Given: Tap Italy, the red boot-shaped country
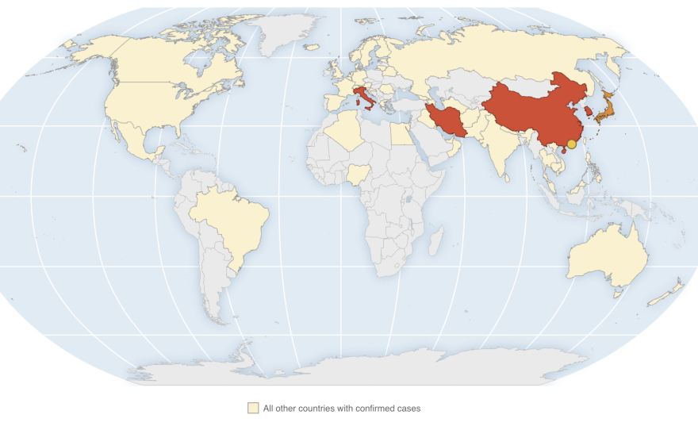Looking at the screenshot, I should coord(363,99).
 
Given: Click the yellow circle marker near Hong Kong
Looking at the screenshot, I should coord(571,144).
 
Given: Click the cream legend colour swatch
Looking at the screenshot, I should coord(253,409).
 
